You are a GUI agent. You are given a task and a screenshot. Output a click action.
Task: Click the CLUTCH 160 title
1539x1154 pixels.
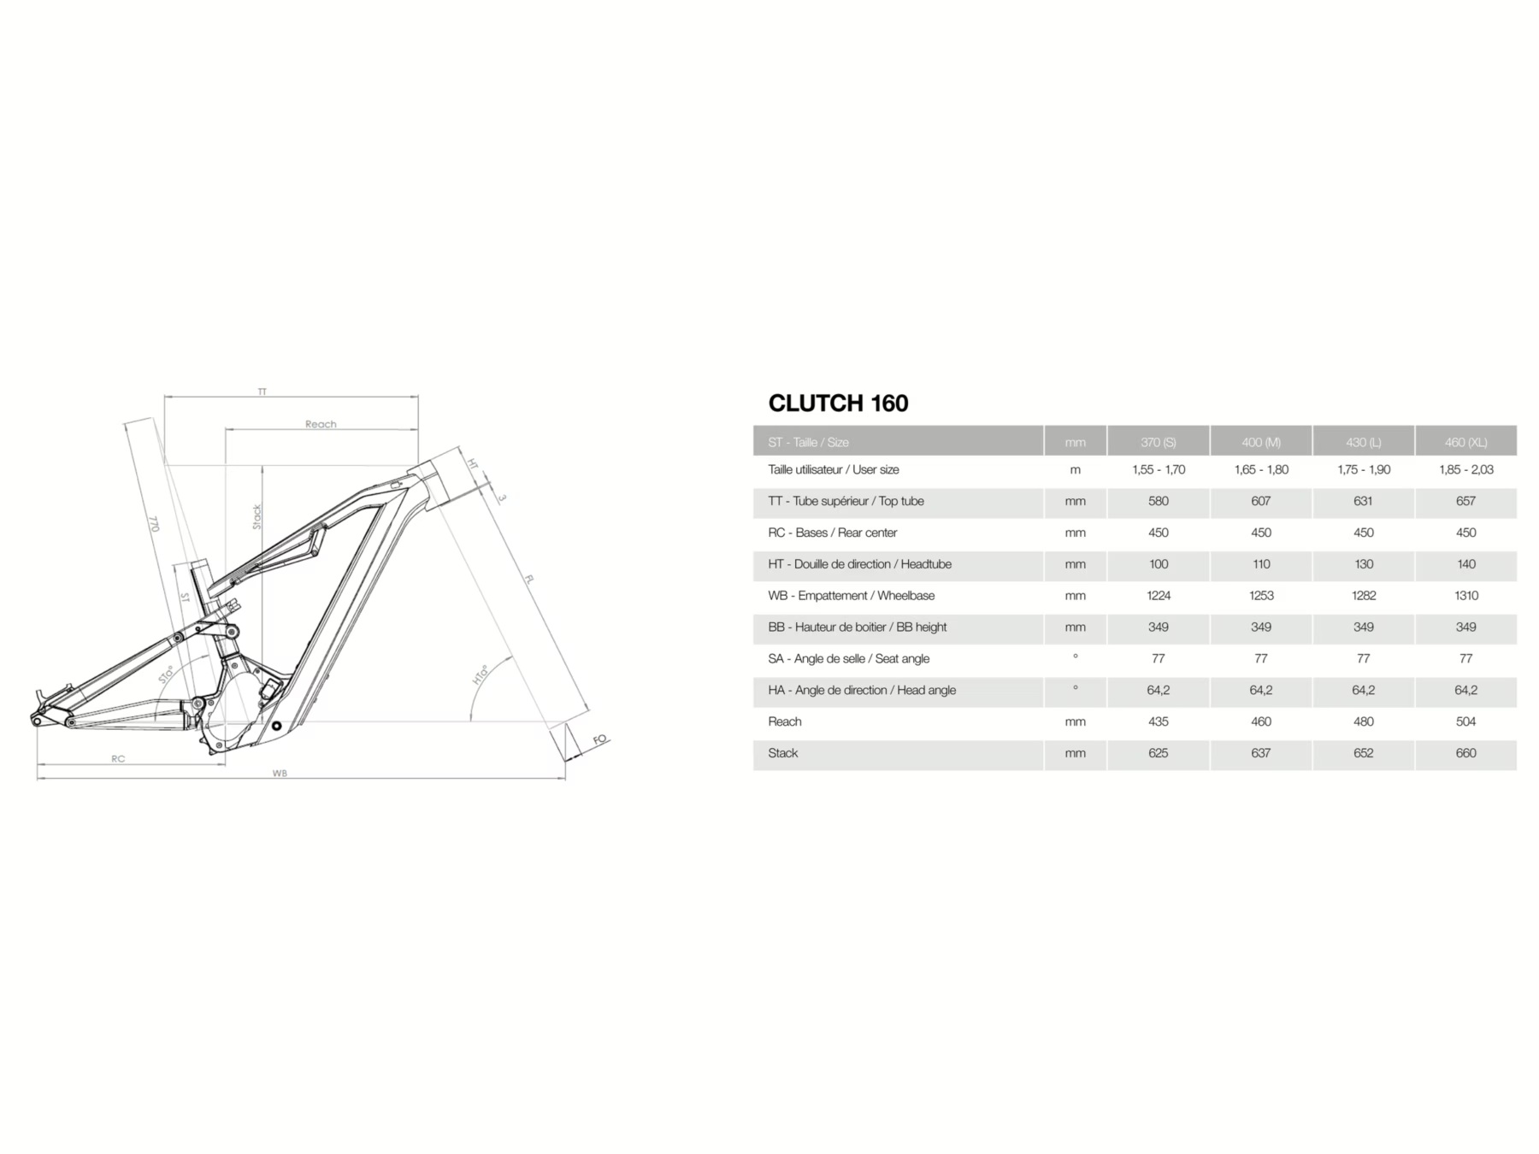pos(838,403)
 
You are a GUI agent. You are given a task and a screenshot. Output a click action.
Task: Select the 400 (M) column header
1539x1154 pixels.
pos(1261,442)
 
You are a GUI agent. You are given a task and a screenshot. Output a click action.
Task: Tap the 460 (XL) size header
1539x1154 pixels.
pos(1465,442)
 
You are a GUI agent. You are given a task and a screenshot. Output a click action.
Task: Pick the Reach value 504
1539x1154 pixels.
pos(1465,721)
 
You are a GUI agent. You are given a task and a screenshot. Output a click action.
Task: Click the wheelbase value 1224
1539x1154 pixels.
pos(1159,596)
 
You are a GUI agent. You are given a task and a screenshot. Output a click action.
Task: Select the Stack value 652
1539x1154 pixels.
pos(1363,753)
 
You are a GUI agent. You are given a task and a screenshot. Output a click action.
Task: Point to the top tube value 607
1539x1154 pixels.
pos(1261,501)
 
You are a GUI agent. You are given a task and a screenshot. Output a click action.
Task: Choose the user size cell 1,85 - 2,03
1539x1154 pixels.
pos(1465,469)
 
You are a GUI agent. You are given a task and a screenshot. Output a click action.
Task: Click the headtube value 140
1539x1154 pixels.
pos(1465,564)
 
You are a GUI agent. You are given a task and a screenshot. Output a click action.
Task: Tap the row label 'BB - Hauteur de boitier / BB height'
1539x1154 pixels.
pos(858,627)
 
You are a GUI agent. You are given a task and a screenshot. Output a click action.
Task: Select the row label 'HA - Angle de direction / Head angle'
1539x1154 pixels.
pos(862,691)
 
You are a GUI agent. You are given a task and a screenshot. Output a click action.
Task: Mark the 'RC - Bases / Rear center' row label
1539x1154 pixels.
pos(832,533)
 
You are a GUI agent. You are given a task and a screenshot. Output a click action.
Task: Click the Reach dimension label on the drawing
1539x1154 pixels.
pos(321,424)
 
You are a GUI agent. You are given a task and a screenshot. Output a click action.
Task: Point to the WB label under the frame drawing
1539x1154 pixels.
pos(280,773)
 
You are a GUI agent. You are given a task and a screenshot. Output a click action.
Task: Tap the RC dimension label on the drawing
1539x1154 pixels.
pos(118,759)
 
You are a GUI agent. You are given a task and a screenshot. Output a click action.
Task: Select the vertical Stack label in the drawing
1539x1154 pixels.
pos(257,516)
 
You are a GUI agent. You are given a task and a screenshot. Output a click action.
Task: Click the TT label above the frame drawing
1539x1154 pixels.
pos(262,392)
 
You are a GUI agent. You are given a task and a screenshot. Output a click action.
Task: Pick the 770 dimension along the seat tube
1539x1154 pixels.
pos(154,523)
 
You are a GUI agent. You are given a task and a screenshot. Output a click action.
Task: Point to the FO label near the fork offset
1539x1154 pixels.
pos(600,739)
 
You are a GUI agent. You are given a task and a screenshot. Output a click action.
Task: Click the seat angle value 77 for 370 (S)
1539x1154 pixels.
pos(1159,659)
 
